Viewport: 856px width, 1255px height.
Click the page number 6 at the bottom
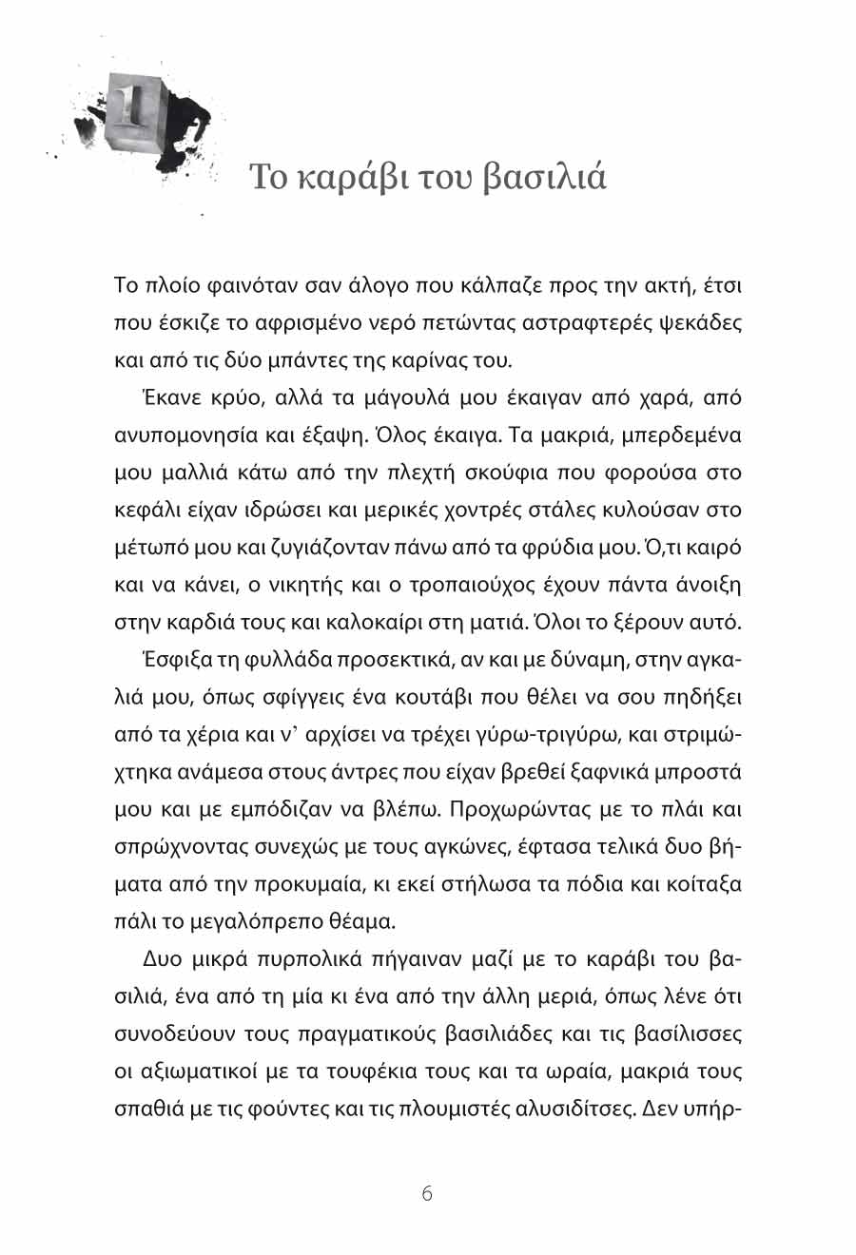426,1194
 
